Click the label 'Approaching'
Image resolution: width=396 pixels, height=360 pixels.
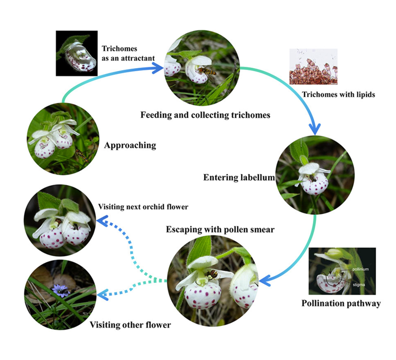[x=130, y=145]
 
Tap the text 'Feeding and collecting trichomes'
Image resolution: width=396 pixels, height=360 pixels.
[x=200, y=115]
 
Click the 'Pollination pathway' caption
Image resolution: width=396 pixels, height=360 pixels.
[x=341, y=303]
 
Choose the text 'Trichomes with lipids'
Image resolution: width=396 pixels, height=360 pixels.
[x=338, y=94]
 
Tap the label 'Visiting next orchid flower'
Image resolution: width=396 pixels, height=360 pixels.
[x=143, y=207]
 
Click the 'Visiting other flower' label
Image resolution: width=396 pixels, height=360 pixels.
[x=131, y=325]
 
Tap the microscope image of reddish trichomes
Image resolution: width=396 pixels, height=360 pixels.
[x=313, y=67]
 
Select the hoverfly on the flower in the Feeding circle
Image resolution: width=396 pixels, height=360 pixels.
[x=206, y=71]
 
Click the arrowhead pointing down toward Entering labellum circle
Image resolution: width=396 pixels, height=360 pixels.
[x=314, y=129]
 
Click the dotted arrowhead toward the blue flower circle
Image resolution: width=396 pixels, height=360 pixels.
[x=101, y=295]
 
